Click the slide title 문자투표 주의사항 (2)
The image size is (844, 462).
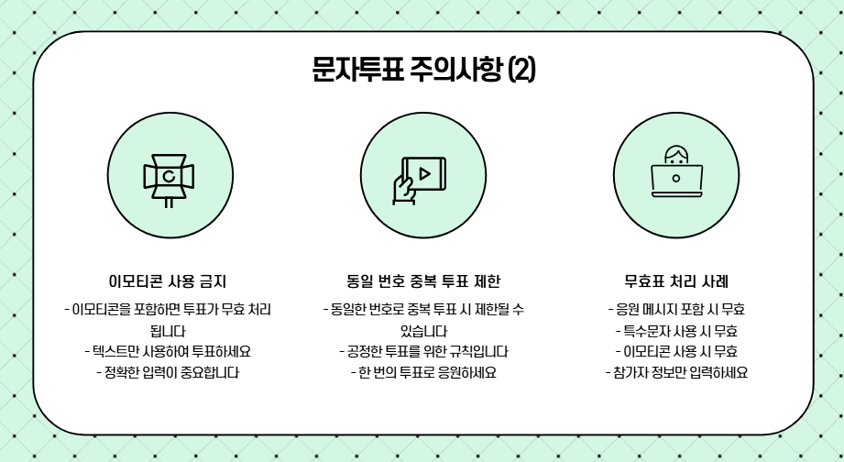pyautogui.click(x=422, y=71)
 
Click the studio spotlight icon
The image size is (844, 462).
pyautogui.click(x=169, y=177)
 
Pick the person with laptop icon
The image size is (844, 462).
pyautogui.click(x=675, y=174)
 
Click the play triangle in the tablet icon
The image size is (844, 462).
pyautogui.click(x=424, y=172)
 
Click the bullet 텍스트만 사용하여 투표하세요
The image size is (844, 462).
pyautogui.click(x=169, y=351)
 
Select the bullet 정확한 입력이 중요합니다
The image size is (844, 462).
pyautogui.click(x=169, y=372)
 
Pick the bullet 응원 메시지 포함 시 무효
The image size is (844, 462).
pyautogui.click(x=675, y=309)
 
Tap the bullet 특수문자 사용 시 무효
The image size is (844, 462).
pyautogui.click(x=675, y=330)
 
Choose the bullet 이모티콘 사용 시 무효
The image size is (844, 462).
pyautogui.click(x=675, y=351)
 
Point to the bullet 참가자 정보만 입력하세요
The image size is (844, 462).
pyautogui.click(x=675, y=372)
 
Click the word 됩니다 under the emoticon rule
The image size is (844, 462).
pyautogui.click(x=169, y=330)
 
